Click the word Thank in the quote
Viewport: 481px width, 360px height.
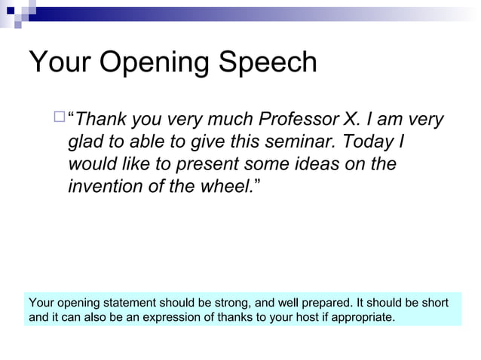[x=103, y=120]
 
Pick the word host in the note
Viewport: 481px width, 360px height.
[x=300, y=317]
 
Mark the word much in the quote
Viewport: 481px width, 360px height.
[x=228, y=120]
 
